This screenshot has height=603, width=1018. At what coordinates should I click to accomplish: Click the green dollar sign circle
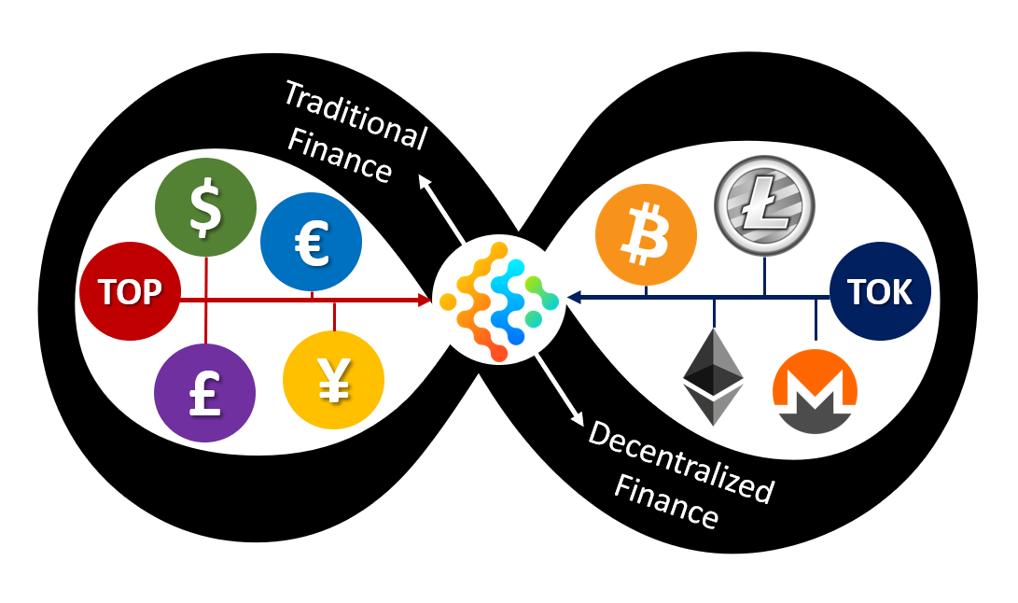pos(205,207)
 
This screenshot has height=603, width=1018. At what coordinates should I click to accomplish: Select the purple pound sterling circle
pos(204,393)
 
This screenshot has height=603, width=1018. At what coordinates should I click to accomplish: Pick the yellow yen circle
pos(333,380)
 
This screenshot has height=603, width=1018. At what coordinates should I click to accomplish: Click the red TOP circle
pos(130,291)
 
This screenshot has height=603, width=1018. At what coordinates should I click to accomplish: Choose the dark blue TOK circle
pos(880,291)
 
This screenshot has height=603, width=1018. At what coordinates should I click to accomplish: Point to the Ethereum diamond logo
pos(713,376)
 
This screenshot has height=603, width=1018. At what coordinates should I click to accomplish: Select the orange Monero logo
pos(815,391)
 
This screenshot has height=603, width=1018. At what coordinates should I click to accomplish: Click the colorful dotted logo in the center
pos(499,300)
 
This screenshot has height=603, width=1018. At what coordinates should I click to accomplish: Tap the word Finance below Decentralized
pos(666,505)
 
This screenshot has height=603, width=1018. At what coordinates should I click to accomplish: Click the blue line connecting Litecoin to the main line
pos(764,274)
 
